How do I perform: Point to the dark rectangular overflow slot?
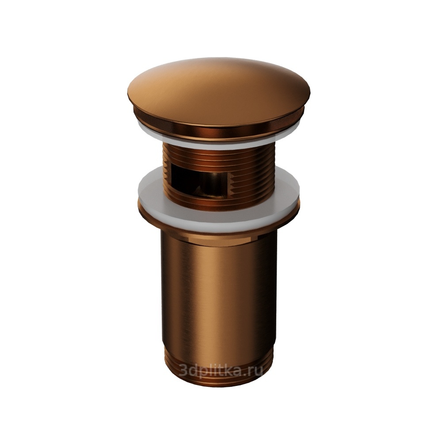[197, 181]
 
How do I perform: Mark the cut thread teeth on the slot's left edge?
[167, 175]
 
